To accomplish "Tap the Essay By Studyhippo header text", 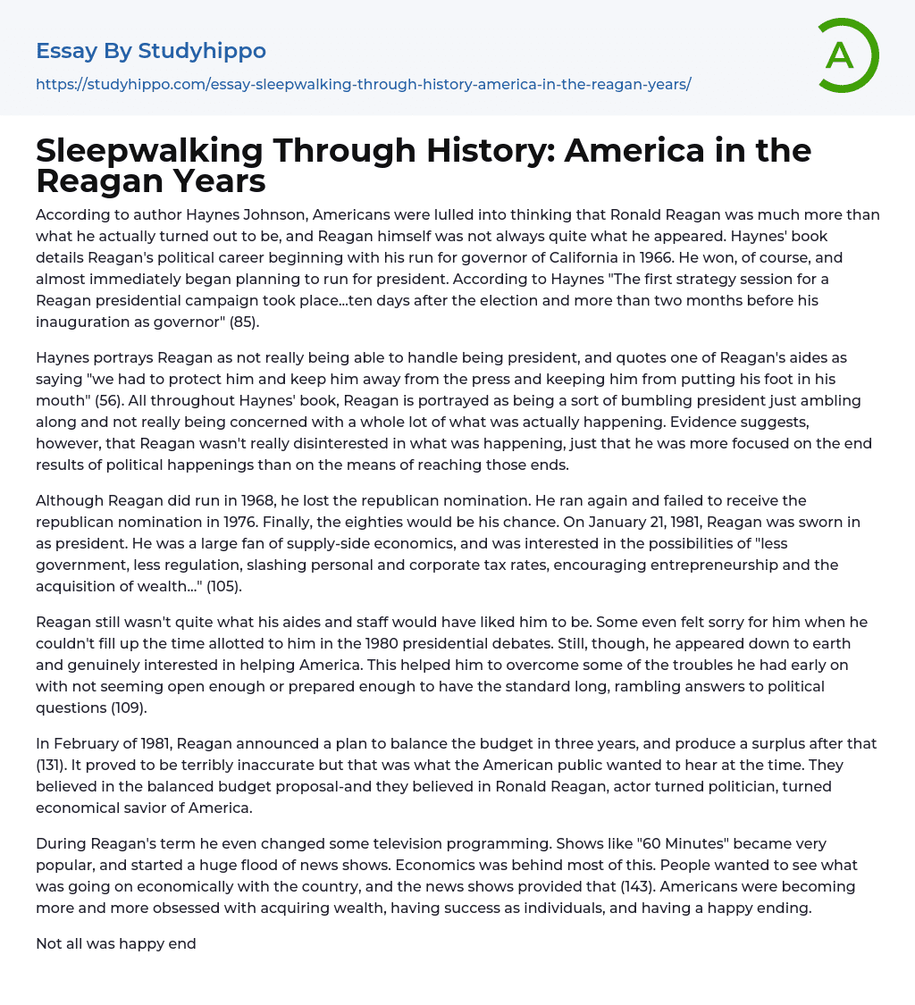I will click(x=151, y=51).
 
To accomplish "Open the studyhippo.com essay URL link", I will click(x=363, y=84).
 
